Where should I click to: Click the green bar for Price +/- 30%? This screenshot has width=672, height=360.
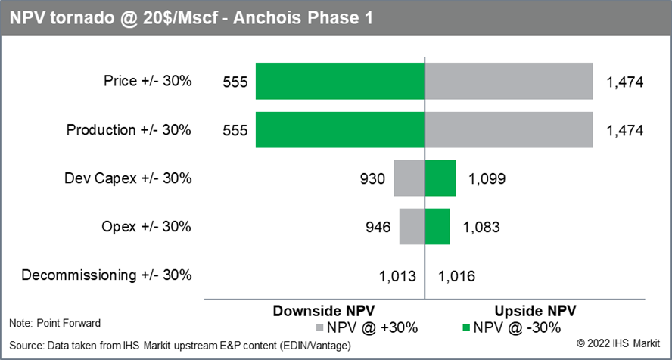(x=340, y=81)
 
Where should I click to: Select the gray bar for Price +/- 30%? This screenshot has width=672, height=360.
(x=509, y=81)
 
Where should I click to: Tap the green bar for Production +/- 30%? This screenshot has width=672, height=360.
(x=340, y=129)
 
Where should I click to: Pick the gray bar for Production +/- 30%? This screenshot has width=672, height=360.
(x=509, y=129)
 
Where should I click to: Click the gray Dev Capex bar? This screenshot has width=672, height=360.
(x=409, y=178)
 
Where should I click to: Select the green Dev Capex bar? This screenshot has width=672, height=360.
(x=440, y=178)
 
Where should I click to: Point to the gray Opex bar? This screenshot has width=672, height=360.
(x=412, y=226)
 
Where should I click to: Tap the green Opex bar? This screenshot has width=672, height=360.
(x=437, y=226)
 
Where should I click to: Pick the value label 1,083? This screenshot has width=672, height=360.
(x=481, y=227)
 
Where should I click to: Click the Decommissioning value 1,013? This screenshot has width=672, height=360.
(x=398, y=275)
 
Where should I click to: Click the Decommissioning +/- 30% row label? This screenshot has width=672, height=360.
(x=107, y=275)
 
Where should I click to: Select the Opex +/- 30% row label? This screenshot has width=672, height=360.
(x=146, y=226)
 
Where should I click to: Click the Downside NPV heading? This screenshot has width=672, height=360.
(x=323, y=311)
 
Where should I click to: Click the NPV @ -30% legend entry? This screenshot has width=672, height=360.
(x=515, y=327)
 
